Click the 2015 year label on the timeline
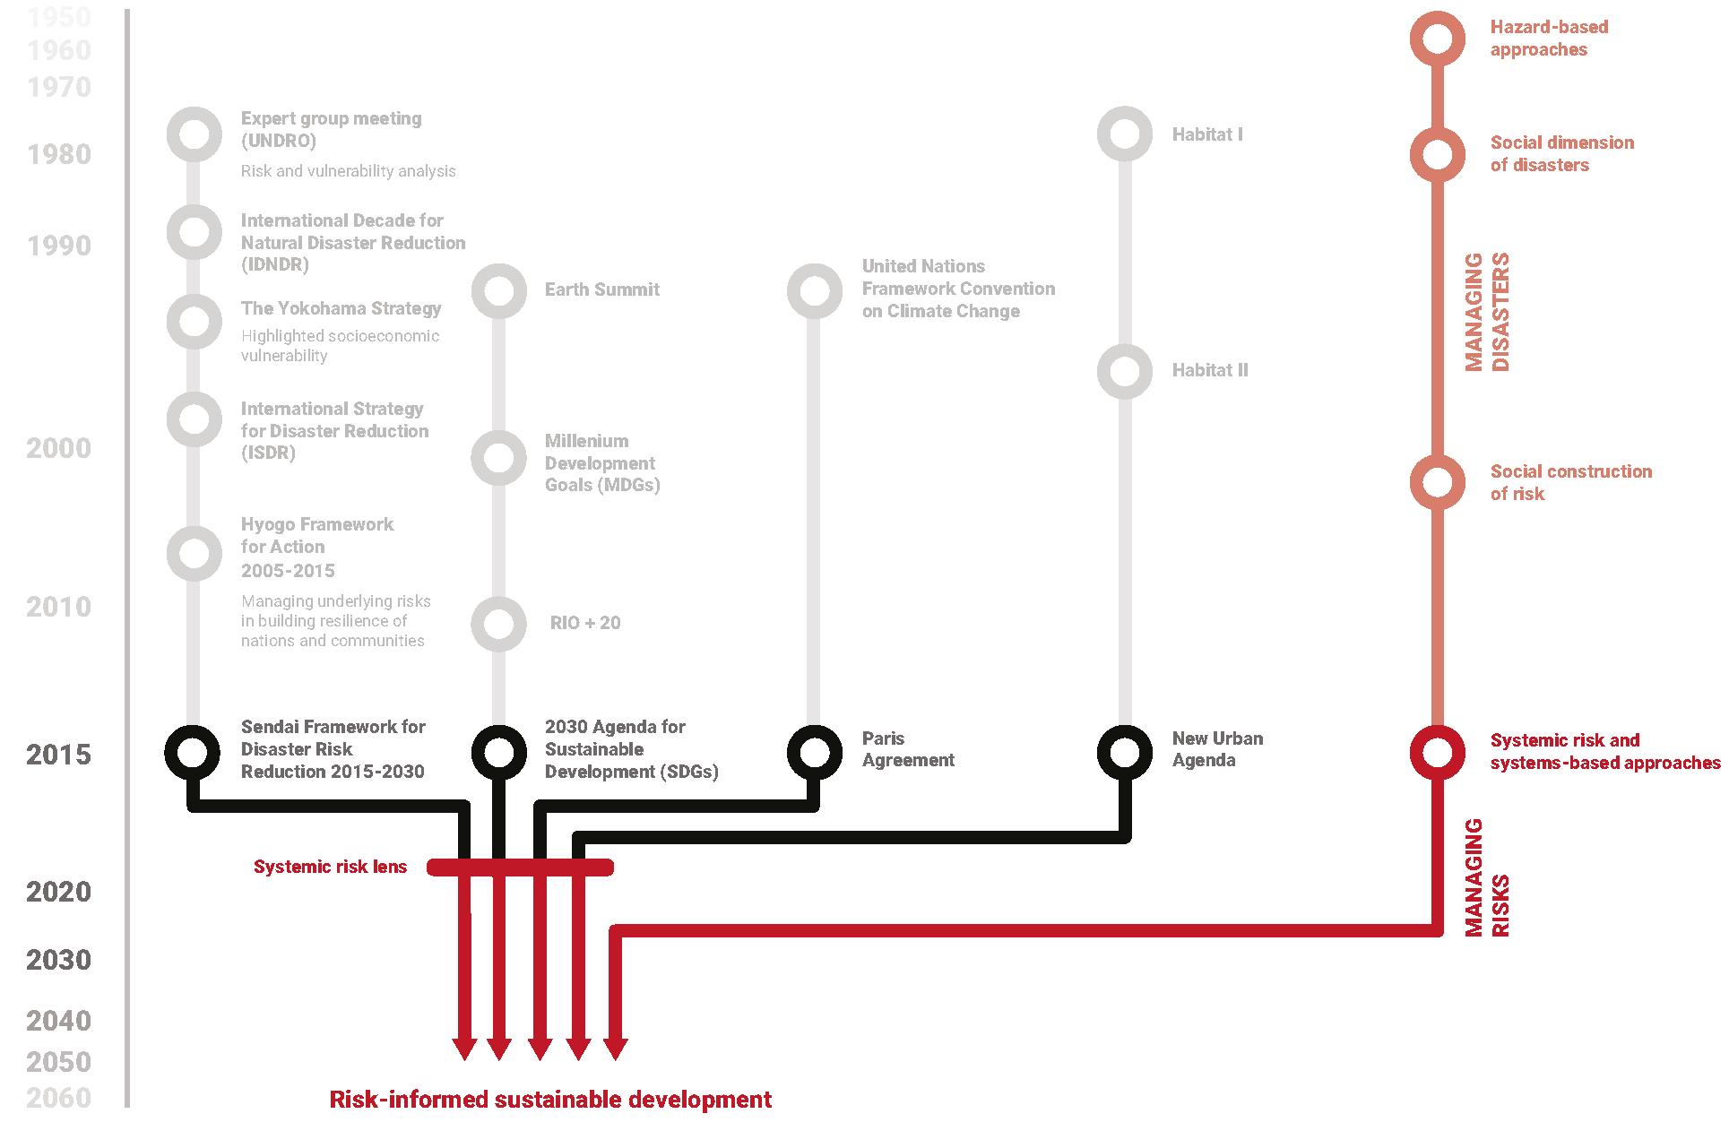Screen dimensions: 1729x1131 pos(58,755)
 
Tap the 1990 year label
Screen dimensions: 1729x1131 pos(58,246)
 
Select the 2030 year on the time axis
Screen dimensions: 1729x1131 pos(58,960)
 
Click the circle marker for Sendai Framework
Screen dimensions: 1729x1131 pos(193,752)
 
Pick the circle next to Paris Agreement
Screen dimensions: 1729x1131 pos(814,752)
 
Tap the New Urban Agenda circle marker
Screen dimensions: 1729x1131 pos(1124,752)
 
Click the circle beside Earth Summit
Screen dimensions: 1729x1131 pos(498,290)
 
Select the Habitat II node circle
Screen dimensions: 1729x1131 pos(1124,371)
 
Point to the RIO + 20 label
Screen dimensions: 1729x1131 pos(584,623)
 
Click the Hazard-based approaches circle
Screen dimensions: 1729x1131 pos(1437,39)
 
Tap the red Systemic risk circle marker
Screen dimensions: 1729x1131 pos(1437,752)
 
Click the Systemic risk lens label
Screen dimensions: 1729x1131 pos(330,867)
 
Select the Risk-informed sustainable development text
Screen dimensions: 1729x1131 pos(550,1100)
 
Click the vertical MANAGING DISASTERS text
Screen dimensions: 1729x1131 pos(1487,312)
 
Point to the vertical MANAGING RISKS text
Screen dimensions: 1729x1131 pos(1487,878)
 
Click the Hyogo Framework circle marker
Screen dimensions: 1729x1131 pos(194,553)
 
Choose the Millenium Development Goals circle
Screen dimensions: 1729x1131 pos(498,458)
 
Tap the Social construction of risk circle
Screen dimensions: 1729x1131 pos(1437,482)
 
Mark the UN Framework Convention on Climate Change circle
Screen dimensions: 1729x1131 pos(814,290)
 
